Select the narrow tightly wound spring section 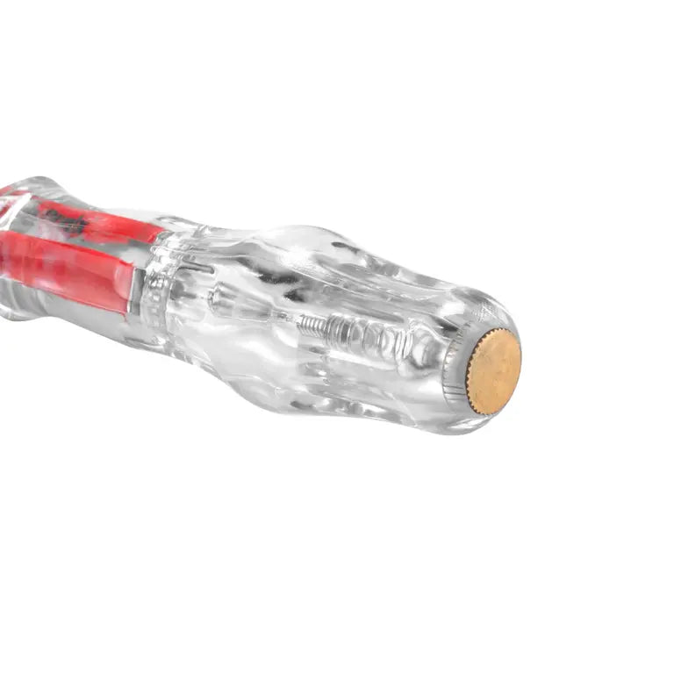click(312, 326)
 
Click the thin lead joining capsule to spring click(281, 318)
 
